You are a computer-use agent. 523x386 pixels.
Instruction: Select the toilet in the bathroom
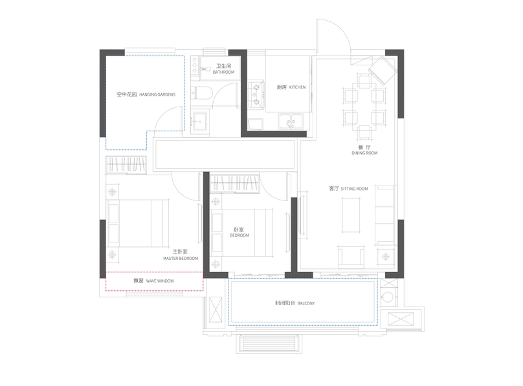point(201,93)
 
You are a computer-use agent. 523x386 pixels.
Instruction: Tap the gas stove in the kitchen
point(256,94)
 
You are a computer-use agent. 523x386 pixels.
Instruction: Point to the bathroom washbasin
point(199,122)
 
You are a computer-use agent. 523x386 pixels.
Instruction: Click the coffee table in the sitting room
point(351,215)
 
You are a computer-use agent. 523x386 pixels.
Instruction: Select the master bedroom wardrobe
point(126,165)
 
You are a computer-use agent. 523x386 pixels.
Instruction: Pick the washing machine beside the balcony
point(388,297)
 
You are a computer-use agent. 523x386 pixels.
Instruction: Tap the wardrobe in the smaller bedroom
point(234,183)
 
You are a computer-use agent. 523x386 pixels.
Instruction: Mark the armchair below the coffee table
point(351,257)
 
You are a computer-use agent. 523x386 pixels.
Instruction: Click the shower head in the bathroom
point(205,69)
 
